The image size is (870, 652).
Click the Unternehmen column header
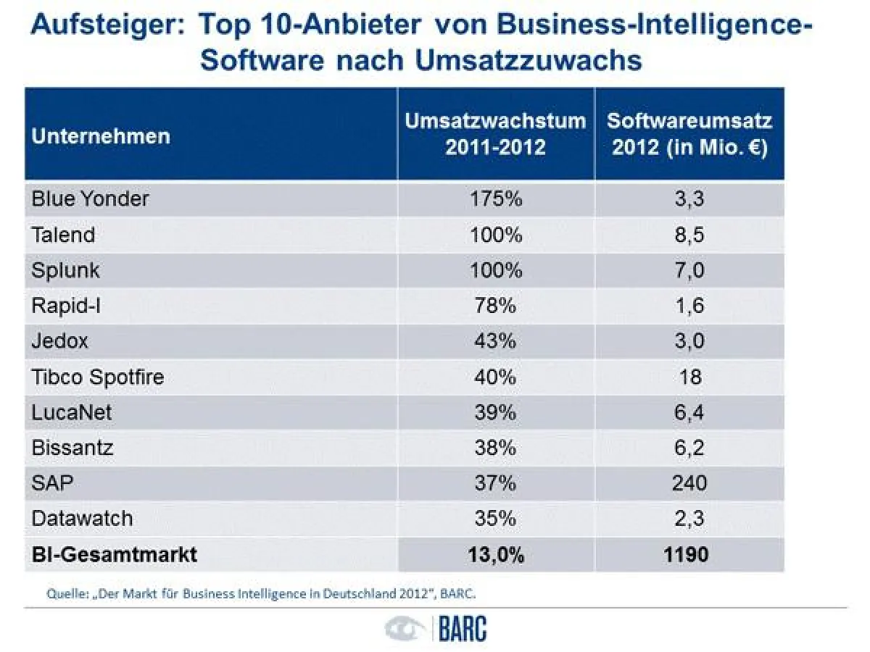[101, 135]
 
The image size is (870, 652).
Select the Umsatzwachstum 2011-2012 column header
[495, 134]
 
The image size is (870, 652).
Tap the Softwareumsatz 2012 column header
[689, 134]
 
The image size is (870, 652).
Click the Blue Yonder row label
[90, 199]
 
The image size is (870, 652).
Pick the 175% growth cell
[496, 199]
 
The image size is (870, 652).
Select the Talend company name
[63, 235]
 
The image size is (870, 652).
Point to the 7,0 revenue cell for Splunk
[689, 270]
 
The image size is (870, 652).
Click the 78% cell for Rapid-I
[496, 306]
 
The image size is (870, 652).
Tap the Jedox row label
[60, 341]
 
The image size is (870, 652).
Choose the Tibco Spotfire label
[98, 377]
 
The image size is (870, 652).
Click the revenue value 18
[689, 377]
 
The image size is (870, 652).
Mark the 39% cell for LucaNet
[496, 412]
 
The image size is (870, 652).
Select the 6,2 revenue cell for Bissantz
[689, 448]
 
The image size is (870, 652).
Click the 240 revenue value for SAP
[689, 483]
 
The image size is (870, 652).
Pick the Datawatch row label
[82, 519]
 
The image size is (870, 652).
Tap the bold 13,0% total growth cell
[496, 555]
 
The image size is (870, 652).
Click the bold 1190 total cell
[689, 555]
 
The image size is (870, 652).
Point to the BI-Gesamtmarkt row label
[114, 555]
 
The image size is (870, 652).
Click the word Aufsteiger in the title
[106, 26]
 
